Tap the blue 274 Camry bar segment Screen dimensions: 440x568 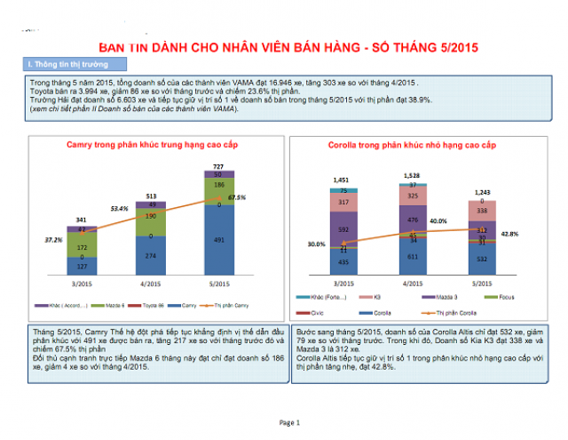pos(150,255)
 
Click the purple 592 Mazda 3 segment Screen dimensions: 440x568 pos(343,228)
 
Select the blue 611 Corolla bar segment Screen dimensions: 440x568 pos(413,256)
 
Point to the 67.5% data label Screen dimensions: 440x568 pos(237,197)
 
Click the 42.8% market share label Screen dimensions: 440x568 pos(509,234)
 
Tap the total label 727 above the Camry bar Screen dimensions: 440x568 pos(217,165)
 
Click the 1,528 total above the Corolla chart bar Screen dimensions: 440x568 pos(412,176)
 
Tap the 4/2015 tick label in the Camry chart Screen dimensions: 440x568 pos(150,284)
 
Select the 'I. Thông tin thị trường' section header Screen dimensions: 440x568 pos(63,64)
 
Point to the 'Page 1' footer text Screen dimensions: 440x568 pos(290,421)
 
